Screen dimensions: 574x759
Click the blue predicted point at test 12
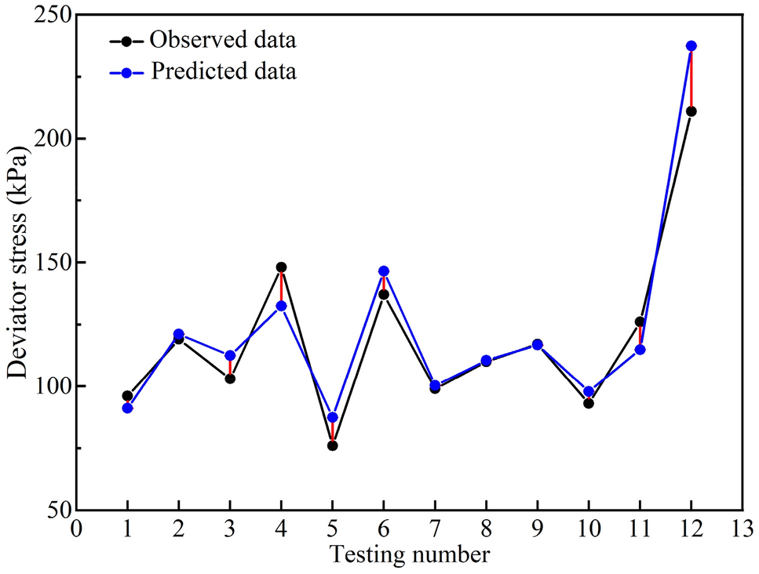click(x=691, y=45)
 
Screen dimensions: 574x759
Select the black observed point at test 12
click(x=691, y=111)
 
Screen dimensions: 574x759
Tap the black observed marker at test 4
click(x=281, y=267)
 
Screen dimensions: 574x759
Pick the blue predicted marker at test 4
click(x=281, y=306)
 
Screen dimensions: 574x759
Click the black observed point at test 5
click(x=332, y=445)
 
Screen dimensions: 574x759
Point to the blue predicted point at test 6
click(x=384, y=271)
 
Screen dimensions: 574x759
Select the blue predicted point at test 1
click(x=127, y=408)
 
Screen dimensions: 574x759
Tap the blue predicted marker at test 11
click(x=640, y=350)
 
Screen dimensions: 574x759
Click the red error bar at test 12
click(x=691, y=78)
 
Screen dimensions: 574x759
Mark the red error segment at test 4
click(x=281, y=286)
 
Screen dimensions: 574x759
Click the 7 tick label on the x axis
click(x=435, y=529)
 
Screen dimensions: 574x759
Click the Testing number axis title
click(x=409, y=555)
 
